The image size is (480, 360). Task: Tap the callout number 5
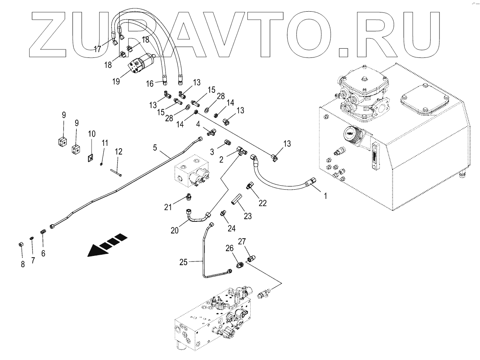(x=155, y=147)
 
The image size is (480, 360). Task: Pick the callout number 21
(x=168, y=207)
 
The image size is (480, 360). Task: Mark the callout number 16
(x=150, y=84)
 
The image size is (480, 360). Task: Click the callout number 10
(x=92, y=133)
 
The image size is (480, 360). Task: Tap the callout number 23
(x=248, y=216)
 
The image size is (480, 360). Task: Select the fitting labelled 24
(x=223, y=213)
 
